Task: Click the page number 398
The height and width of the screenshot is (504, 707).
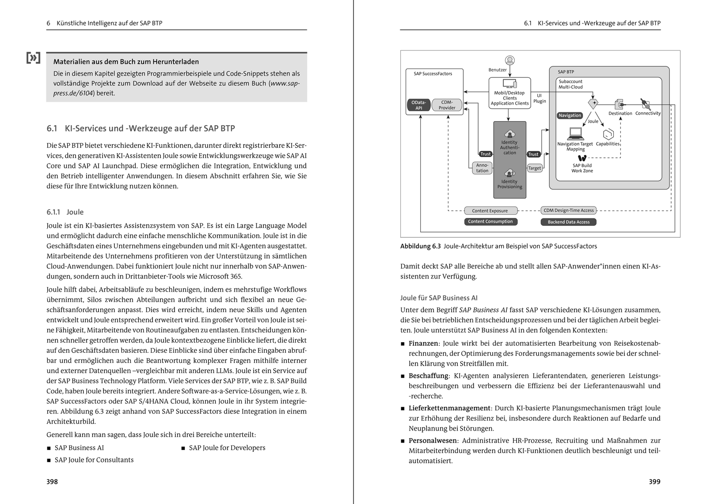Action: tap(52, 481)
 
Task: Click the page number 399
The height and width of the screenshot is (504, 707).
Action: tap(654, 481)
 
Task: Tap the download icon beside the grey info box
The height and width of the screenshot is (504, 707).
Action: tap(33, 58)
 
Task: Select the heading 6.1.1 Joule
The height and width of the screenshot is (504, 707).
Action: tap(65, 212)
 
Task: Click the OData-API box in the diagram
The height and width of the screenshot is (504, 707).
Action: tap(418, 105)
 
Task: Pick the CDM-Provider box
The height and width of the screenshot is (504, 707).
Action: tap(447, 105)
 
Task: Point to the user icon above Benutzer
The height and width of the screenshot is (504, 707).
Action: tap(509, 60)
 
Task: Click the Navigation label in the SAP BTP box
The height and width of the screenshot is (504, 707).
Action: tap(570, 115)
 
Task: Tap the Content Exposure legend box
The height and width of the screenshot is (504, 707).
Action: tap(490, 211)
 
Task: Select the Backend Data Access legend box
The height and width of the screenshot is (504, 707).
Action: tap(568, 222)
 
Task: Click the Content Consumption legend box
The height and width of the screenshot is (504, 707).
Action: tap(490, 221)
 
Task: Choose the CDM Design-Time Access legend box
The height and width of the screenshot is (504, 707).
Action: tap(568, 210)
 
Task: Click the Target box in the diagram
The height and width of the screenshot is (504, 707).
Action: tap(534, 168)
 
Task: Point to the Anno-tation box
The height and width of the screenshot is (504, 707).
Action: tap(482, 168)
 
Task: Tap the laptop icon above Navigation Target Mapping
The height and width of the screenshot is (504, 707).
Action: tap(575, 133)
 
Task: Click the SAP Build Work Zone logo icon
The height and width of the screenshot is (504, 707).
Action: tap(582, 158)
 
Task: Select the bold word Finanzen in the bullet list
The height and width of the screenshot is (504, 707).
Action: tap(423, 343)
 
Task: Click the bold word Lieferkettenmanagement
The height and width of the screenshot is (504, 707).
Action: tap(449, 408)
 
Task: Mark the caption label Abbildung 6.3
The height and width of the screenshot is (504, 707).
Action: tap(420, 246)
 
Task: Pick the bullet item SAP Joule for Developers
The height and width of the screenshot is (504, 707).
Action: tap(227, 447)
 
